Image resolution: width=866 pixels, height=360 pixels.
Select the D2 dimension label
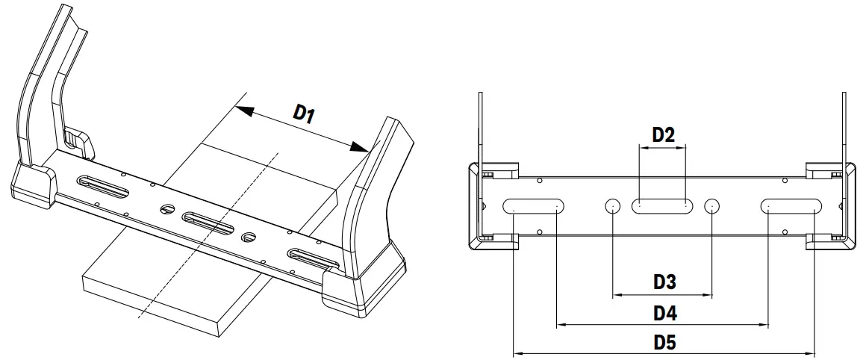[663, 135]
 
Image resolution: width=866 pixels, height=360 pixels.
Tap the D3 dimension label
[664, 282]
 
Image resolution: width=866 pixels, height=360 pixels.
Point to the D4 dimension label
[664, 312]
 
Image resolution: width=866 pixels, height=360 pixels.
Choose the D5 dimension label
[664, 342]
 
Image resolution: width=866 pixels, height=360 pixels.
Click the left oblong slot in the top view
[534, 206]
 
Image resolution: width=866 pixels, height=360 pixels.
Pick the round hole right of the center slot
[712, 206]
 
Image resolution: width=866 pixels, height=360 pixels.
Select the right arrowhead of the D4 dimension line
[764, 324]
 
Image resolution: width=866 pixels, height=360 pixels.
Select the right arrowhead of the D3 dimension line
[708, 296]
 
